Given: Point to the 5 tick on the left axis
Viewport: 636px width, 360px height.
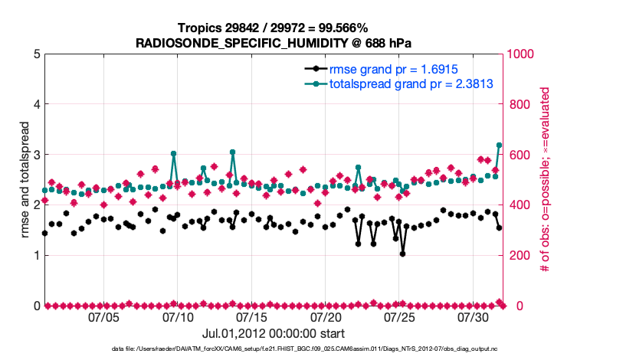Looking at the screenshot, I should tap(36, 54).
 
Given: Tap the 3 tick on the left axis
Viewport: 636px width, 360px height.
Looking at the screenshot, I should tap(36, 155).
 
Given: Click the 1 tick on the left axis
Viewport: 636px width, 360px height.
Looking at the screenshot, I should tap(36, 255).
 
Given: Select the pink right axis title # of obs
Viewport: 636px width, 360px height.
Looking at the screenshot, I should tap(545, 180).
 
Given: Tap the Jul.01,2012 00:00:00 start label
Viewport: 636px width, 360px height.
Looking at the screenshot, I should tap(273, 334).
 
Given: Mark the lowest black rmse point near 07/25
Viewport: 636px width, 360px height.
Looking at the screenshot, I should tap(403, 254).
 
